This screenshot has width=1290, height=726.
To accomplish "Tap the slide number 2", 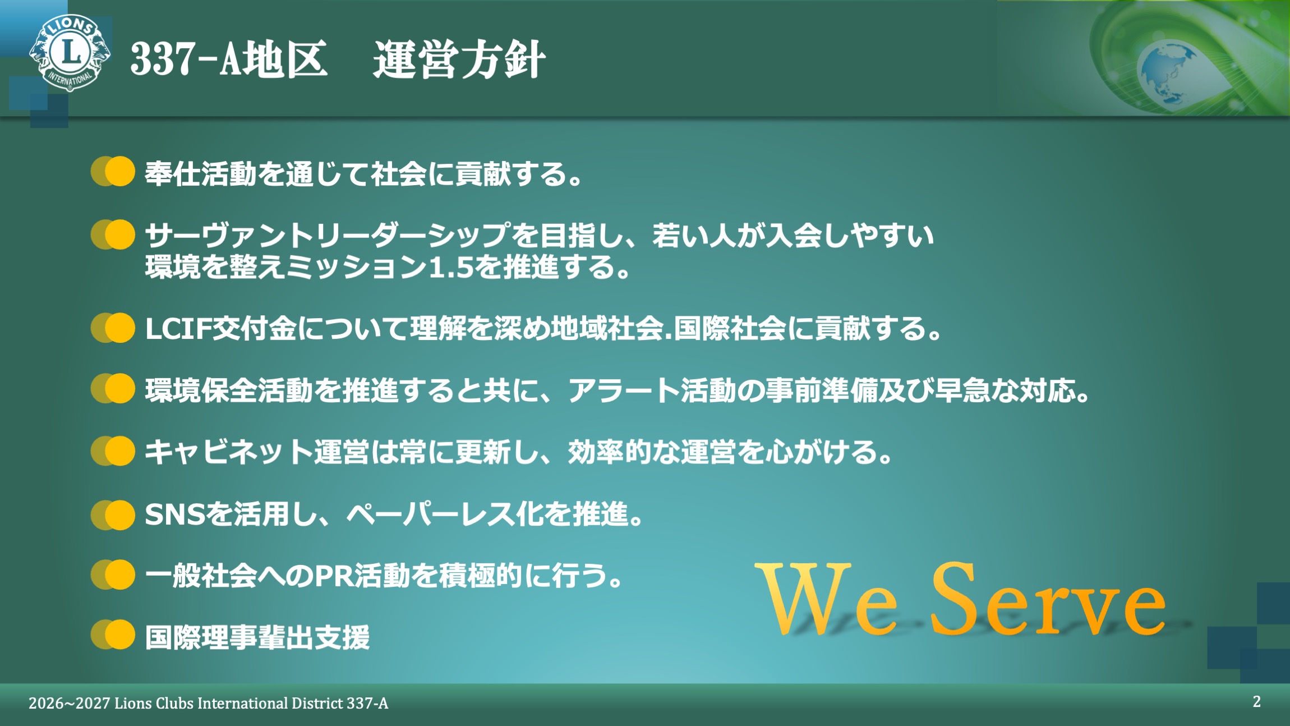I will click(1257, 701).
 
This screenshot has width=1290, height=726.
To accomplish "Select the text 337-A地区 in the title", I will click(228, 59).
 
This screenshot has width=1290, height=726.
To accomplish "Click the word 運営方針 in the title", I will click(459, 59).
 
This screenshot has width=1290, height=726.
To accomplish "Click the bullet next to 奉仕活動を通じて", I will click(113, 171).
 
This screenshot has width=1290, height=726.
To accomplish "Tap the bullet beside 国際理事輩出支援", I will click(113, 635).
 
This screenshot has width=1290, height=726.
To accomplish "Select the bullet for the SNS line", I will click(113, 515).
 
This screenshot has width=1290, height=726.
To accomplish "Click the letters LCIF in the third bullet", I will click(178, 329).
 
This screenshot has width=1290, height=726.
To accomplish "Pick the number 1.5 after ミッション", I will click(451, 268).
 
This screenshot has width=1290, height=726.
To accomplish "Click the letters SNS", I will click(175, 514).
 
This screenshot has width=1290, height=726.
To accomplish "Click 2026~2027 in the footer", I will click(69, 704).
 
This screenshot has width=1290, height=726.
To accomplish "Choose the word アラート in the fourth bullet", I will click(623, 390).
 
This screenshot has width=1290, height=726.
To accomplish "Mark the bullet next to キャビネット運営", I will click(113, 451).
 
